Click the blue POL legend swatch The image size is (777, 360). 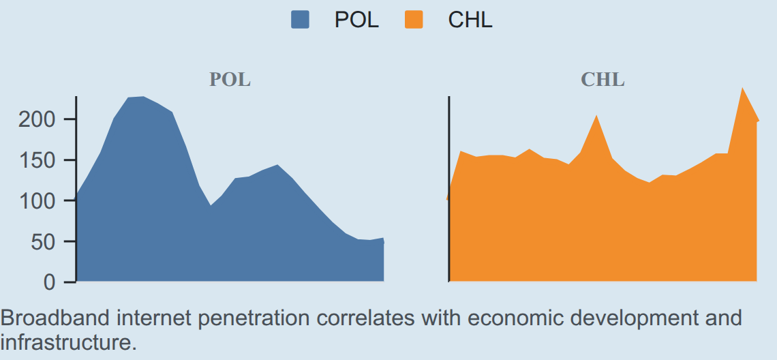click(x=300, y=20)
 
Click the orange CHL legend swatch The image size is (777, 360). click(x=414, y=20)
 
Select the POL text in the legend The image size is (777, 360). click(x=356, y=20)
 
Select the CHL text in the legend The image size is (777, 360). click(x=470, y=20)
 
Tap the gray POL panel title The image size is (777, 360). click(x=230, y=79)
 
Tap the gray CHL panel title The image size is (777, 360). click(x=603, y=79)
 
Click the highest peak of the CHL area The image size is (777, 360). click(x=742, y=88)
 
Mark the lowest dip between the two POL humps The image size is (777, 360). click(x=211, y=205)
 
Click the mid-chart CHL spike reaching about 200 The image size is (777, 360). click(x=596, y=115)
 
